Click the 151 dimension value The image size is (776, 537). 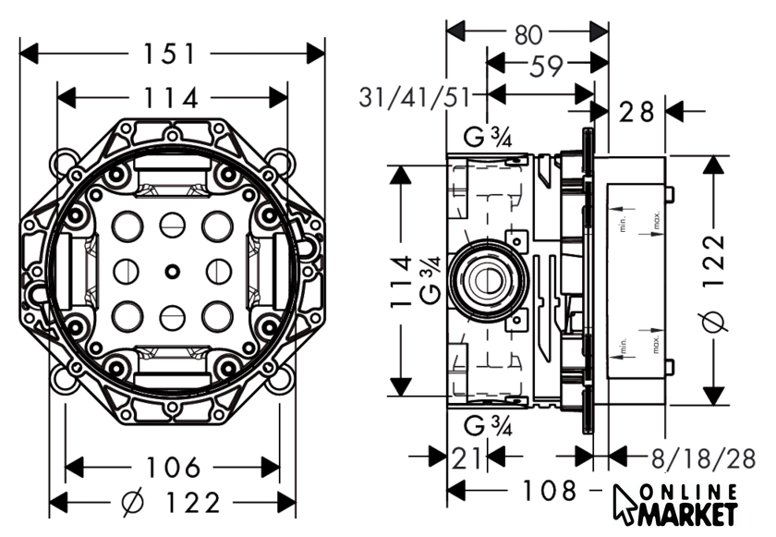(x=171, y=54)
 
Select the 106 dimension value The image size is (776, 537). (x=173, y=466)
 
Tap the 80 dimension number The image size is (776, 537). (x=527, y=34)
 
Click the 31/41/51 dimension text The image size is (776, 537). (x=418, y=96)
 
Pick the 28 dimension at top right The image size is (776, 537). (x=637, y=113)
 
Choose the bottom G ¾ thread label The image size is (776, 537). (x=488, y=425)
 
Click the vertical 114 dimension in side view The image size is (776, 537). (x=400, y=281)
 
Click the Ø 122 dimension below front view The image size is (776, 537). (x=173, y=504)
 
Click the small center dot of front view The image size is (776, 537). (x=171, y=271)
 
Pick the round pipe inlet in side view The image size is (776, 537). (x=483, y=276)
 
